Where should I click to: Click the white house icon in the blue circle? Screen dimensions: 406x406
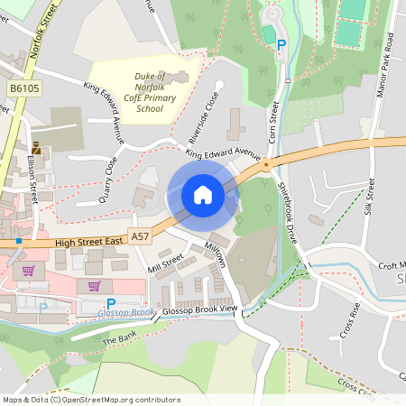(x=202, y=195)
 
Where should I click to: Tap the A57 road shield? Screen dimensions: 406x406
(x=139, y=235)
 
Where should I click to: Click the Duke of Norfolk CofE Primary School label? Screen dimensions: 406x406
(x=138, y=93)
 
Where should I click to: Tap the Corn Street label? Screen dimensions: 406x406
(x=272, y=126)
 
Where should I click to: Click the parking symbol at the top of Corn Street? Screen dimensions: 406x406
(x=281, y=44)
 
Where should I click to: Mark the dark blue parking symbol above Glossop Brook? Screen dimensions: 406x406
(x=111, y=303)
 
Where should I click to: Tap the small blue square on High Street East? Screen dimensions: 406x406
(x=18, y=241)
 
